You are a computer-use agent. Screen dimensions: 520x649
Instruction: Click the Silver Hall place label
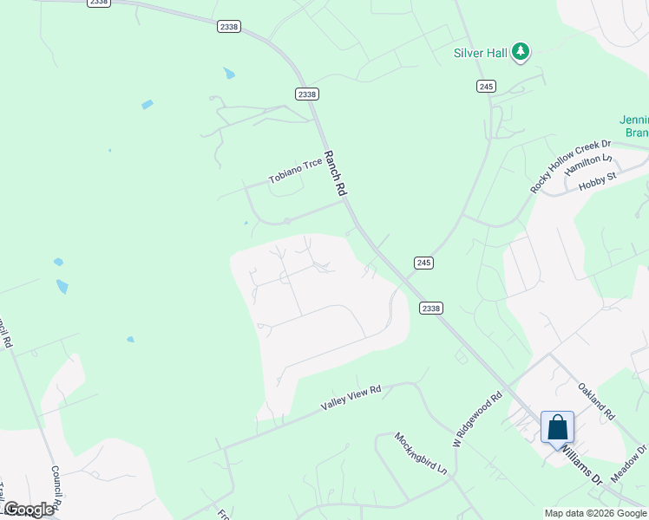[x=480, y=53]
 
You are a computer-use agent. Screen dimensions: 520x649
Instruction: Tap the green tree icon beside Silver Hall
[x=521, y=52]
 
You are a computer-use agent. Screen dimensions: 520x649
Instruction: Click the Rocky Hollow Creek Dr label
[x=571, y=166]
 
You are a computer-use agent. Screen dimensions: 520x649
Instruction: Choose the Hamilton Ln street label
[x=589, y=166]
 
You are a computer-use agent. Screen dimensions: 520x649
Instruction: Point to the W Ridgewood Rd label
[x=478, y=419]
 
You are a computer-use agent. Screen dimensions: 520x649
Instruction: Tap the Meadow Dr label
[x=630, y=465]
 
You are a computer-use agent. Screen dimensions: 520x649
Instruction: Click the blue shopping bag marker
[x=557, y=427]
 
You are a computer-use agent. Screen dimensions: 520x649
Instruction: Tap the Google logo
[x=29, y=510]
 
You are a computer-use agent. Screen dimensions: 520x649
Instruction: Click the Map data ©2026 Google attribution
[x=594, y=513]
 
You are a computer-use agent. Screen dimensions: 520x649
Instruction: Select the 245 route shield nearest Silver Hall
[x=486, y=86]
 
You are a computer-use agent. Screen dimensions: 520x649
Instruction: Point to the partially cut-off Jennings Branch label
[x=635, y=126]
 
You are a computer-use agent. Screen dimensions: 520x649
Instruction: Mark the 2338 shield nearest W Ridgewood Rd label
[x=431, y=308]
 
